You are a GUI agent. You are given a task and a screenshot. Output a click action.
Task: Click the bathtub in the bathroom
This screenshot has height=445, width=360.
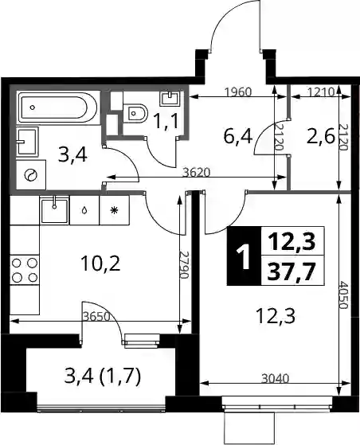pyautogui.click(x=58, y=107)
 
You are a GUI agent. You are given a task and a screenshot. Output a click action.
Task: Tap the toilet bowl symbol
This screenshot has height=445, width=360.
pyautogui.click(x=135, y=114)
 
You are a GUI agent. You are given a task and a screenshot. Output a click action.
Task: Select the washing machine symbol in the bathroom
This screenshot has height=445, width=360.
pyautogui.click(x=31, y=175)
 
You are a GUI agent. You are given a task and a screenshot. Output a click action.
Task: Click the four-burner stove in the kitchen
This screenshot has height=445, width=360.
pyautogui.click(x=25, y=270)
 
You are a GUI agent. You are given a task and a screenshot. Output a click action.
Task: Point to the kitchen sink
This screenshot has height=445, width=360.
pyautogui.click(x=55, y=210)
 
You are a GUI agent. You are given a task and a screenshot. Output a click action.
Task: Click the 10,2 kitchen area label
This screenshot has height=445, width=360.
pyautogui.click(x=100, y=263)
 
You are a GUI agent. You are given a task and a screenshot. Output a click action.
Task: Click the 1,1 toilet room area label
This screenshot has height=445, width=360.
pyautogui.click(x=166, y=121)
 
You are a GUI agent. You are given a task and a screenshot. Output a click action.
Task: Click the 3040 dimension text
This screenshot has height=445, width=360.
pyautogui.click(x=275, y=379)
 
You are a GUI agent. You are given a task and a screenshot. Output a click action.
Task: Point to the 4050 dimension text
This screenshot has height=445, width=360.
pyautogui.click(x=343, y=295)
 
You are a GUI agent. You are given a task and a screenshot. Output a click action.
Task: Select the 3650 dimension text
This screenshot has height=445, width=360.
pyautogui.click(x=96, y=317)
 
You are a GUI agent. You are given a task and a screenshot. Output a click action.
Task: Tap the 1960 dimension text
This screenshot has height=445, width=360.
pyautogui.click(x=238, y=92)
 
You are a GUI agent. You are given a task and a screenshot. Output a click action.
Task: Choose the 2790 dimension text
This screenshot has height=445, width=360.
pyautogui.click(x=185, y=264)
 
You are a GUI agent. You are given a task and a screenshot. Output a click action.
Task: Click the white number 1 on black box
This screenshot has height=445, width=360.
pyautogui.click(x=244, y=256)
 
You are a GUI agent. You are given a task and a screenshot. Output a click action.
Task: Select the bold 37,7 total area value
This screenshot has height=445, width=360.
pyautogui.click(x=292, y=271)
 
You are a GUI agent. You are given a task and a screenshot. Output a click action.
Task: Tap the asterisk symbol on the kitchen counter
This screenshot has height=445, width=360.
pyautogui.click(x=114, y=210)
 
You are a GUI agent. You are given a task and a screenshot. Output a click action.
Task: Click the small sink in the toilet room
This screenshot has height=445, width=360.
pyautogui.click(x=170, y=98)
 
